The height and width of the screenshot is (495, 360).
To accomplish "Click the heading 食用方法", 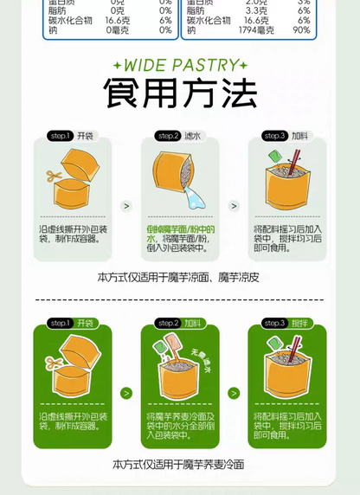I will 180,93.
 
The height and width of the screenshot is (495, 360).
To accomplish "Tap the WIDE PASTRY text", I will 180,65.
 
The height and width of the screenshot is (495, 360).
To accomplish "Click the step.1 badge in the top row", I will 60,136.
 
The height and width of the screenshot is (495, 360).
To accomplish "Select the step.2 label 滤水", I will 191,136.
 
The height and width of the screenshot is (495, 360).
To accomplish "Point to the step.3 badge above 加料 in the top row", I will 275,136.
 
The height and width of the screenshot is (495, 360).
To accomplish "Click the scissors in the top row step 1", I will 55,177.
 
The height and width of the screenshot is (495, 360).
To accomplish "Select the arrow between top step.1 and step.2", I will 126,206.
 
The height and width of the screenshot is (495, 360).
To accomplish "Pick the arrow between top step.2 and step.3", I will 234,206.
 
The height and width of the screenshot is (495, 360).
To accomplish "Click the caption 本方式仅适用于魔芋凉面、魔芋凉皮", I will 180,277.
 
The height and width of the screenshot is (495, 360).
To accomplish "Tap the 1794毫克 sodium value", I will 256,30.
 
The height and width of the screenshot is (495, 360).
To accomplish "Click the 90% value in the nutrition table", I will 301,30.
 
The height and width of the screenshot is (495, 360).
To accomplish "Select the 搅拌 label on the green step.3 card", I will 299,323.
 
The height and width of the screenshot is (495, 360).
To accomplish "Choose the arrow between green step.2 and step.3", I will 234,393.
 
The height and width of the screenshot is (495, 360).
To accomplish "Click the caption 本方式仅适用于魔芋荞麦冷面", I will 180,465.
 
